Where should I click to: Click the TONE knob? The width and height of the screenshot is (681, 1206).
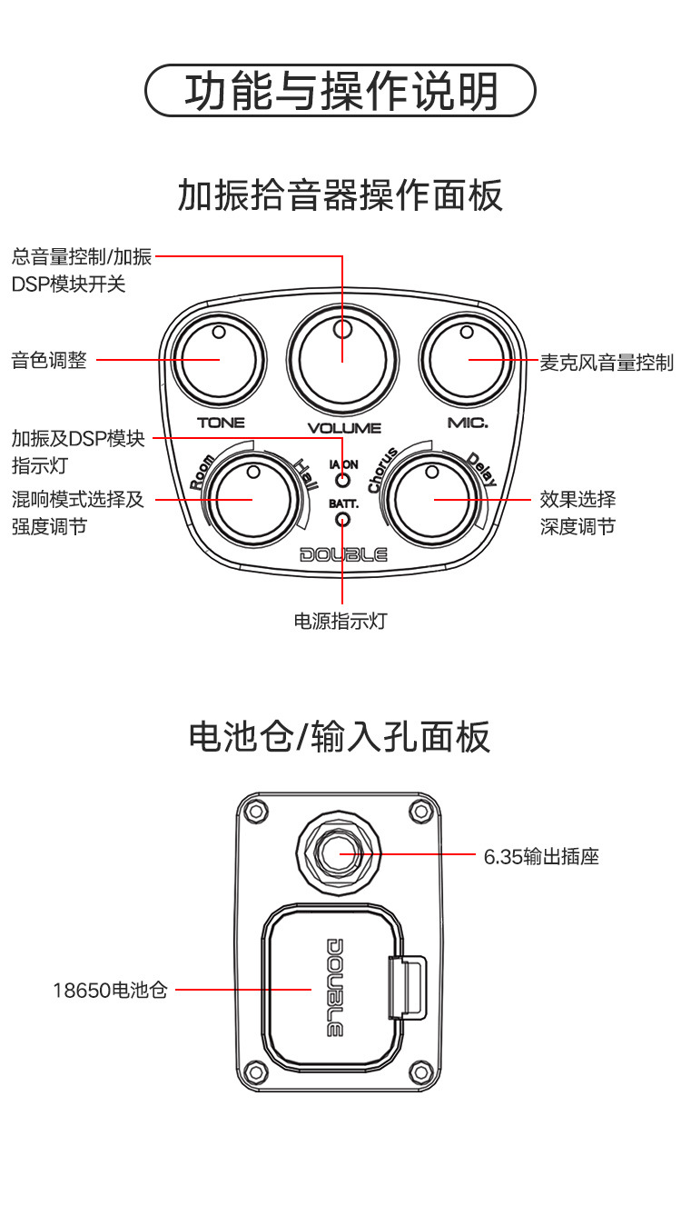[x=219, y=360]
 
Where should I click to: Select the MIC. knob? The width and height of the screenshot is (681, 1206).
[x=468, y=360]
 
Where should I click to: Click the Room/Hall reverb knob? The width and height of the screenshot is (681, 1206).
[x=252, y=499]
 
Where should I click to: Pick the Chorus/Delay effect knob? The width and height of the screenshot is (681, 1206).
[x=434, y=499]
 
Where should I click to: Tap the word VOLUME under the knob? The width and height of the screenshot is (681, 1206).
[x=344, y=428]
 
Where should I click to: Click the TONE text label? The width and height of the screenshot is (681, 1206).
[x=221, y=423]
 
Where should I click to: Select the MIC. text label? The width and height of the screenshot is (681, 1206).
[x=468, y=423]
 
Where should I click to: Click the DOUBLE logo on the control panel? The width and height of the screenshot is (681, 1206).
[x=343, y=554]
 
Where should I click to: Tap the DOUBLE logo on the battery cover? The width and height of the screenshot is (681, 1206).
[x=334, y=987]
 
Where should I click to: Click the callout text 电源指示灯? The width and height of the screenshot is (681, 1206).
[x=341, y=622]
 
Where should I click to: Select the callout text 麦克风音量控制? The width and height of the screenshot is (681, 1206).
[x=607, y=363]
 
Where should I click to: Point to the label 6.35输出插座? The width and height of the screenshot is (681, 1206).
[x=541, y=856]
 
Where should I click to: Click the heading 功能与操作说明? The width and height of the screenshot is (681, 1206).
[x=341, y=91]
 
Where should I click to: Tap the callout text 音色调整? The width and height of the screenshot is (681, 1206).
[x=50, y=361]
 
